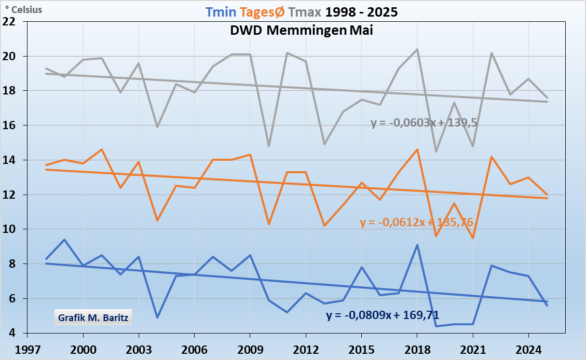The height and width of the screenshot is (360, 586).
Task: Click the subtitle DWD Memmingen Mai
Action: coord(302,30)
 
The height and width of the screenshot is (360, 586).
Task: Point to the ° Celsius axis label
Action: coord(23,10)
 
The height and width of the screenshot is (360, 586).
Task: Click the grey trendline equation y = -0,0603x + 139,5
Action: coord(424,123)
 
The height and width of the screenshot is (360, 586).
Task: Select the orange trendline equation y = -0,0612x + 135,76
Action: coord(416,223)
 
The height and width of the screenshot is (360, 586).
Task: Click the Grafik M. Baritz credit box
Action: coord(93,316)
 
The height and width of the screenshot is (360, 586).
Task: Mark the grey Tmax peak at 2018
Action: coord(417,49)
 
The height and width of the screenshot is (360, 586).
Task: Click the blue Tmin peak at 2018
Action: coord(417,245)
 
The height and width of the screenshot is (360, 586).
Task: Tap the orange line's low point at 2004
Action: coord(157,220)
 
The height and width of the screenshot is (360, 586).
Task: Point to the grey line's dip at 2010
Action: coord(269,146)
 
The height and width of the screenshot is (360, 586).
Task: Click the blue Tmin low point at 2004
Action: coord(157,317)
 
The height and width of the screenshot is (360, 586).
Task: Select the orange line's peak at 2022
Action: coord(492,157)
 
